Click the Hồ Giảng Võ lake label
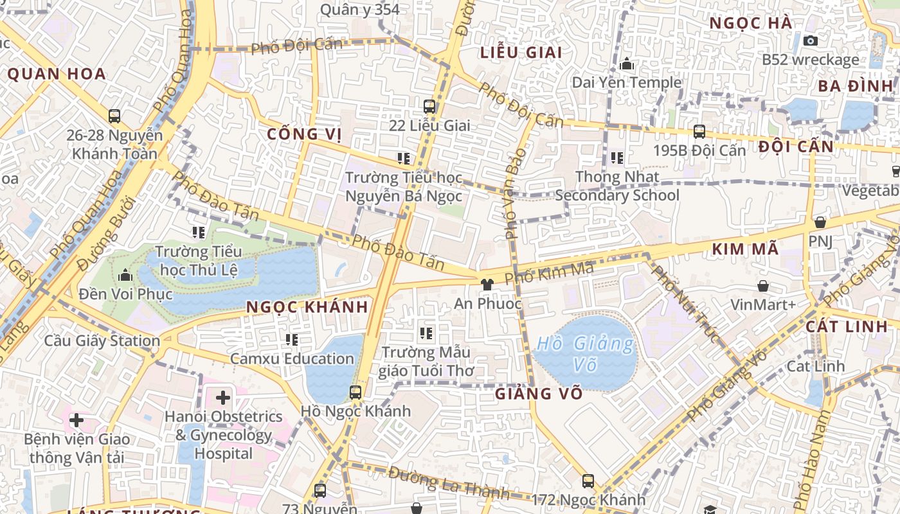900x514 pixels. (585, 353)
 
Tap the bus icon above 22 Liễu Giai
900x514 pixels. (429, 107)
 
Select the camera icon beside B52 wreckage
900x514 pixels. (811, 40)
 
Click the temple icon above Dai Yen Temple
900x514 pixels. (627, 64)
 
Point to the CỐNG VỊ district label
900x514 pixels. (304, 134)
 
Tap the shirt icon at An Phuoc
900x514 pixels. (487, 284)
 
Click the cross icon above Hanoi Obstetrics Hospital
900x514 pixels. (223, 397)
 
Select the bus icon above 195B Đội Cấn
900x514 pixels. (699, 132)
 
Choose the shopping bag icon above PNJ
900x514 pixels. (820, 222)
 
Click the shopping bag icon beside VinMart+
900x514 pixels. (763, 285)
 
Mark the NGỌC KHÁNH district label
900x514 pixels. (307, 307)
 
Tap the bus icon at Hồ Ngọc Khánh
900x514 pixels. (355, 392)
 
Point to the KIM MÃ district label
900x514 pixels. (746, 249)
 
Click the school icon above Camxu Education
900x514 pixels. (292, 339)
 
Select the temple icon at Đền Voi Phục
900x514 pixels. (125, 276)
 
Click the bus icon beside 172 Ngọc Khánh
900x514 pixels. (588, 481)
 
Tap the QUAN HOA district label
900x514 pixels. (57, 74)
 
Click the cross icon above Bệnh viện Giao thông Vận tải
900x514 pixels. (76, 420)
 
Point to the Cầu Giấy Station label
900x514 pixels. (102, 341)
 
